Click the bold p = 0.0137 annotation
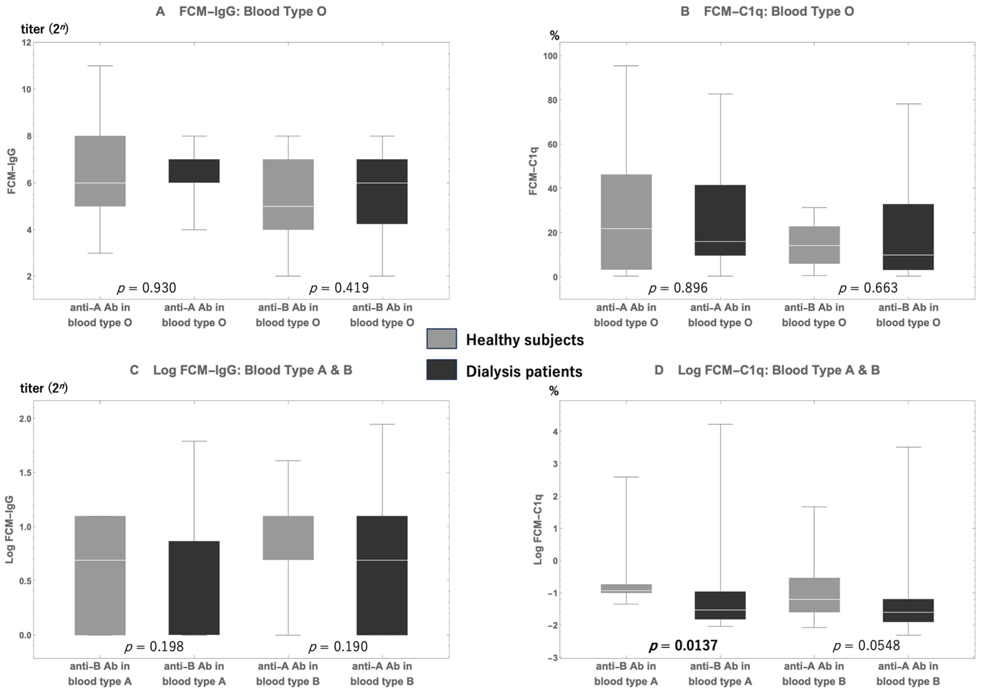click(x=683, y=645)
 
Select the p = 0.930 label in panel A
click(x=147, y=288)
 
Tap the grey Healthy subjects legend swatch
click(x=441, y=339)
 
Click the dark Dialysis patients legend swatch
click(x=441, y=370)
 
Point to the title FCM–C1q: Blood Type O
click(x=778, y=11)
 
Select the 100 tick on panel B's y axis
click(x=551, y=56)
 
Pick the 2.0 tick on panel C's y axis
click(x=25, y=419)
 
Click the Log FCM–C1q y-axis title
click(x=538, y=529)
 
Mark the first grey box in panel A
click(x=100, y=171)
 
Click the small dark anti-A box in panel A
click(x=194, y=171)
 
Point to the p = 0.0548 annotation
click(x=867, y=645)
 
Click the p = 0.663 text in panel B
click(x=868, y=288)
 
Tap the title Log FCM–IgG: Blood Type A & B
click(x=252, y=370)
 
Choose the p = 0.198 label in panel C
click(x=154, y=646)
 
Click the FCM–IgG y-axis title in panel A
click(x=12, y=171)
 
